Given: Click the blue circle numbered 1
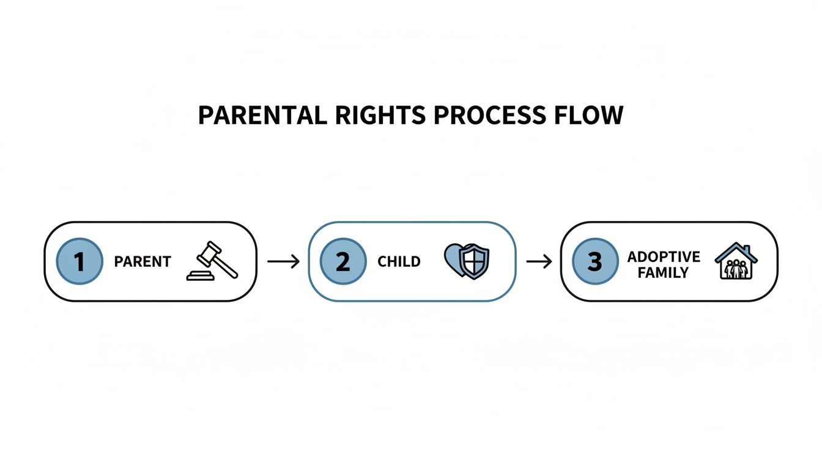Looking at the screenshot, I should [80, 261].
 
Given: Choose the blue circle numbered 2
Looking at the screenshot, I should [343, 261].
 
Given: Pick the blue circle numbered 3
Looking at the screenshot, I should [594, 261].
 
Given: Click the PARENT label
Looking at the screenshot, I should [142, 262].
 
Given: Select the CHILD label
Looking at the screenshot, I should [399, 262].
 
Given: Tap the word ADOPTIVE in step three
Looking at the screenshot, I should [664, 256].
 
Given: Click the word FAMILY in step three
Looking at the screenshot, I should [664, 273].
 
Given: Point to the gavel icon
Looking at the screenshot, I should [213, 261].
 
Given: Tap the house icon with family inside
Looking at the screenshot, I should [736, 261].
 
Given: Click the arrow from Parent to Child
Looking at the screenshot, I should [283, 262].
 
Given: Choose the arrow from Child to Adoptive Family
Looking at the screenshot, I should [539, 262].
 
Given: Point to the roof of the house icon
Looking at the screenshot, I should [736, 249].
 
